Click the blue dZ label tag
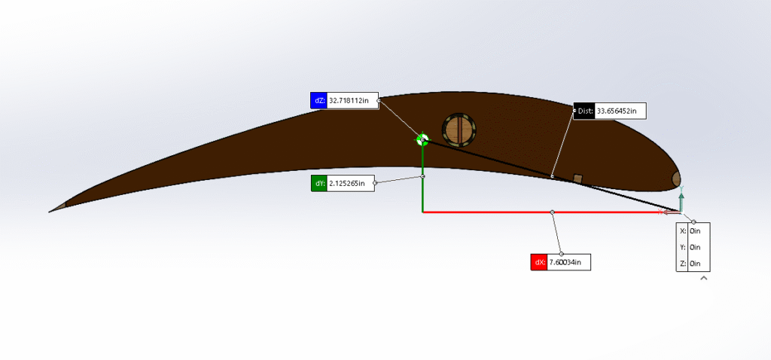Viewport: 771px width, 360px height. click(x=318, y=100)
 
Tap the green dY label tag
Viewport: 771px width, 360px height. click(x=318, y=184)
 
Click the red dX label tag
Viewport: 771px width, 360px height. click(x=539, y=262)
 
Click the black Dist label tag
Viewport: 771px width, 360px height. click(x=584, y=111)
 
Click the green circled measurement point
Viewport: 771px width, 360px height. click(x=422, y=140)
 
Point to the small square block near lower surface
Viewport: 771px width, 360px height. click(x=578, y=178)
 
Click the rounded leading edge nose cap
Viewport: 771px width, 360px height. click(x=677, y=178)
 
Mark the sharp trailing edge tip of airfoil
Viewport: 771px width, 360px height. click(x=49, y=212)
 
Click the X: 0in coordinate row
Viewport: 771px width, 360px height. click(x=693, y=230)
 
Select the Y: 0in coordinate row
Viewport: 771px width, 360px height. click(x=693, y=247)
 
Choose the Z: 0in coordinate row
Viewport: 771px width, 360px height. click(x=693, y=263)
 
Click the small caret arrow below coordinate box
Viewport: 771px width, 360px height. click(x=704, y=278)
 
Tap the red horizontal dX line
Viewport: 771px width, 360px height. click(x=552, y=212)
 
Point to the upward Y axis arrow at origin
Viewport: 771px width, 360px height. click(x=681, y=198)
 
